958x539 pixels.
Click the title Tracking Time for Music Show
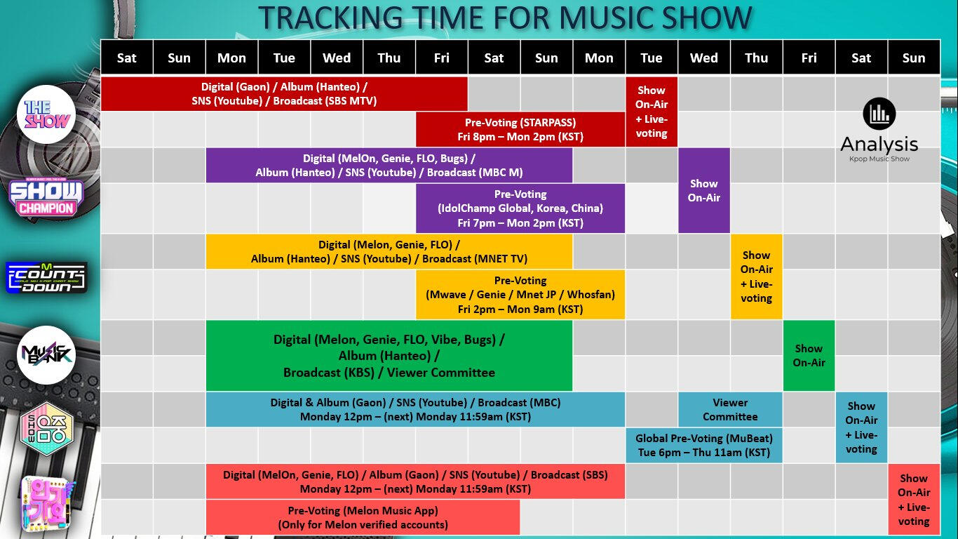point(505,18)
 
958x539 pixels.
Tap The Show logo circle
point(46,114)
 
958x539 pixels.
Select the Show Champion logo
point(46,198)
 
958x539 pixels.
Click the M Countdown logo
point(46,277)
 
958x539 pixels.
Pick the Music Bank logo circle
point(46,355)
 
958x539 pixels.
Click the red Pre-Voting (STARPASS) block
point(520,129)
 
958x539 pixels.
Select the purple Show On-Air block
point(704,190)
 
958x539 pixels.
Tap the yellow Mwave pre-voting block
point(520,295)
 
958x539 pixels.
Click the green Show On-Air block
point(809,355)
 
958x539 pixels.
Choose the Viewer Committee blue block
point(730,409)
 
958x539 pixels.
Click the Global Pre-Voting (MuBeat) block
point(704,445)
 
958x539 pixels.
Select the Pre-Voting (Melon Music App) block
point(363,517)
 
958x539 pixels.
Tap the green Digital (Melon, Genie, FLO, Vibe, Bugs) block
point(389,355)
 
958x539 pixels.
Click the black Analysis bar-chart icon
point(879,114)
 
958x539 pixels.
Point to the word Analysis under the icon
point(879,145)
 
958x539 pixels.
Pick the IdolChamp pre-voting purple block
point(520,208)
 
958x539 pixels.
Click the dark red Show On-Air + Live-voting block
point(652,112)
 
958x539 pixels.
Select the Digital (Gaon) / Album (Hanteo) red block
point(285,94)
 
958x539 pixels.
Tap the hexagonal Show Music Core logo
point(47,429)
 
